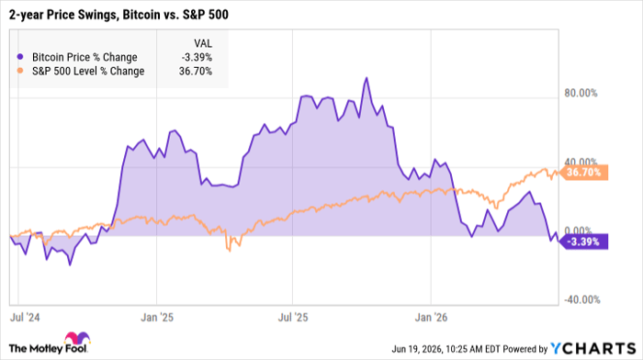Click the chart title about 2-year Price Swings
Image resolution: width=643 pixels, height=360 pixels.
point(118,15)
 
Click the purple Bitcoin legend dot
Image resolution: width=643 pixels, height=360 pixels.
point(19,57)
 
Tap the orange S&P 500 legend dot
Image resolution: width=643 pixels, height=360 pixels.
point(19,71)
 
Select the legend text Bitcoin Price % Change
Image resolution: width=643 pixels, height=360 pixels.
point(85,57)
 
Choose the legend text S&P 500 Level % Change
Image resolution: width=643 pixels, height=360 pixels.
point(88,71)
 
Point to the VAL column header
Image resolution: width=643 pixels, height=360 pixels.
point(203,43)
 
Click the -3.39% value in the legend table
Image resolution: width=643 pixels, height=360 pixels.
point(197,57)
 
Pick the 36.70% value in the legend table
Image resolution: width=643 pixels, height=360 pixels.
point(196,71)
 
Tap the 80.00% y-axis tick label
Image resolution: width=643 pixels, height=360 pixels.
point(581,93)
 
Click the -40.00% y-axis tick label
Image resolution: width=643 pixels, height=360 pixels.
point(581,299)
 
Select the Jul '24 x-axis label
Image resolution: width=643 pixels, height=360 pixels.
point(25,318)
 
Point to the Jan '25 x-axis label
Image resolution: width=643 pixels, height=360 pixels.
point(157,318)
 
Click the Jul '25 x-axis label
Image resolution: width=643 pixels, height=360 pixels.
point(293,318)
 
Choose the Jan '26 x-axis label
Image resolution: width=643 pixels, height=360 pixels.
point(431,318)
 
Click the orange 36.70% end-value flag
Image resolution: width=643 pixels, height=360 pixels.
point(583,173)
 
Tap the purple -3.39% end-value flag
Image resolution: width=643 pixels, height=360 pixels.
point(583,242)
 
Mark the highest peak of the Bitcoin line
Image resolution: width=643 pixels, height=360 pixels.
point(367,78)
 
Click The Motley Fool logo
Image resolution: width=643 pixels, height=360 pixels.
point(50,343)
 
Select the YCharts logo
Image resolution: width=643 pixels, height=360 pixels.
point(593,348)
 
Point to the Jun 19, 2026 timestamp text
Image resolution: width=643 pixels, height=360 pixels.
point(446,349)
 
